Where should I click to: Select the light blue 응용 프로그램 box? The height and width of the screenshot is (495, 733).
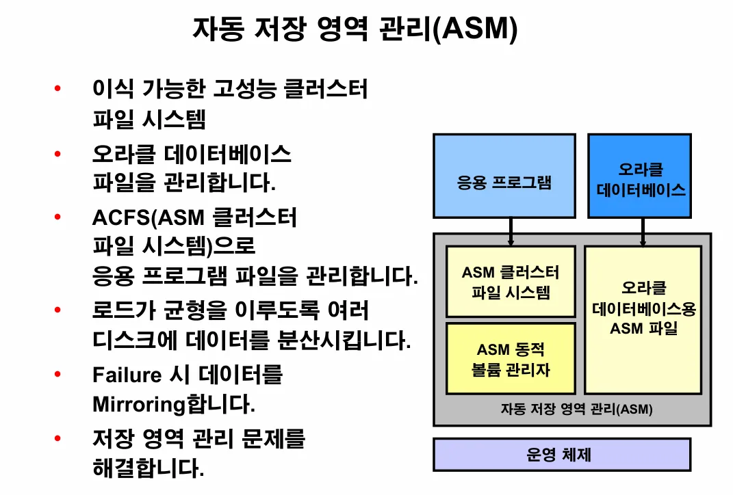point(504,176)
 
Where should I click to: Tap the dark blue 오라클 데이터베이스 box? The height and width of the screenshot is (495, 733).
point(640,176)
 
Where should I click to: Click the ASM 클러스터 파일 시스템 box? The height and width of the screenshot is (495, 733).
point(511,282)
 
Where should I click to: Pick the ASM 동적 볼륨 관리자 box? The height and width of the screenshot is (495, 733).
point(511,359)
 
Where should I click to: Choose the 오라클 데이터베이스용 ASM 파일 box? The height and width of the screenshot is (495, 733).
point(643,319)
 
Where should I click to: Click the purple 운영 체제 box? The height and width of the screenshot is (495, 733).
point(562,455)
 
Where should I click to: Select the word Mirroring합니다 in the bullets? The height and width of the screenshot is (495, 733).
point(173,404)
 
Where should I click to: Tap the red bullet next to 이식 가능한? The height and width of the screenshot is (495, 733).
point(57,89)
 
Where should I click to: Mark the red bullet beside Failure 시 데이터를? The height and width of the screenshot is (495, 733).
point(57,374)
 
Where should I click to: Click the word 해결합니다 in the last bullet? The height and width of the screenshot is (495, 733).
point(148,468)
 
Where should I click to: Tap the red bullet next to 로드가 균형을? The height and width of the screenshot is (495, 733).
point(57,310)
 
